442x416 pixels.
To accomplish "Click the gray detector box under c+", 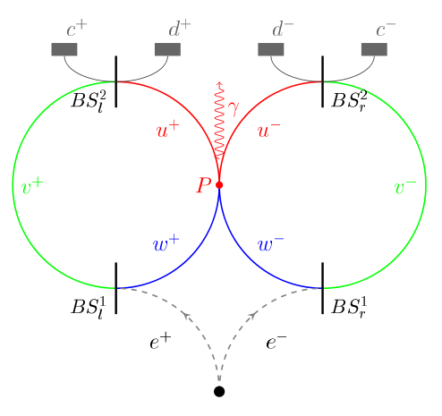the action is coord(64,49).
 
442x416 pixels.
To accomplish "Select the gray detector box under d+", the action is coord(167,49).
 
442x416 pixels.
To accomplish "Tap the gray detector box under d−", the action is coord(271,49).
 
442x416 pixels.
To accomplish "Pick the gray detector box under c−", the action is coord(374,49).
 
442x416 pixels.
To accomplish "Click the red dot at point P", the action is coord(219,185).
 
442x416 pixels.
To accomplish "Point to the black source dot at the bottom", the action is coord(219,391).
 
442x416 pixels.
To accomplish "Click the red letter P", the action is coord(204,185).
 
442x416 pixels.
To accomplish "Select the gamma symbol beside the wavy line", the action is coord(234,108).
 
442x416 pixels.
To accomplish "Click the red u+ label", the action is coord(168,130).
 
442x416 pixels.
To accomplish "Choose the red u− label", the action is coord(268,130).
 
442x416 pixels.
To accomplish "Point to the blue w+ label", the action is coord(166,243).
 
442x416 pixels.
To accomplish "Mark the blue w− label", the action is coord(270,243).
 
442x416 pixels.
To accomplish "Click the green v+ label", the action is coord(32,186).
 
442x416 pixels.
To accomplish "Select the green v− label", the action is coord(405,186).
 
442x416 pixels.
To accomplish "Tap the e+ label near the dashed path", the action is coord(160,342).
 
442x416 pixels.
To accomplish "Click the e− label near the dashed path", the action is coord(276,342).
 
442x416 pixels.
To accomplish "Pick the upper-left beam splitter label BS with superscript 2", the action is coord(89,101).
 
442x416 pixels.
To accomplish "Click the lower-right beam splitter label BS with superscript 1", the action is coord(349,307).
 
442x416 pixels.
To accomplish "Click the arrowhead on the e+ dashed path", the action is coord(186,315).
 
